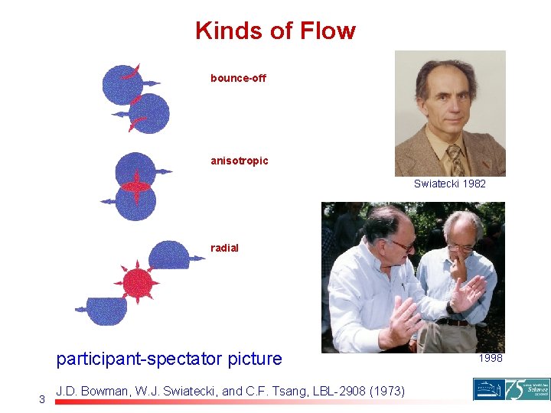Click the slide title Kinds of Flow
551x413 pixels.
275,31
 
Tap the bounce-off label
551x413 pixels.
238,78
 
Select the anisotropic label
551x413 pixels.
240,161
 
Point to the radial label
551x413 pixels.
224,248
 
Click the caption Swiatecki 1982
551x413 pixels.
449,184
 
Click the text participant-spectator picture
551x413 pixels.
169,359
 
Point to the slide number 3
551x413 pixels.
42,398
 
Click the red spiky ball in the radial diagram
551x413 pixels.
138,281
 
